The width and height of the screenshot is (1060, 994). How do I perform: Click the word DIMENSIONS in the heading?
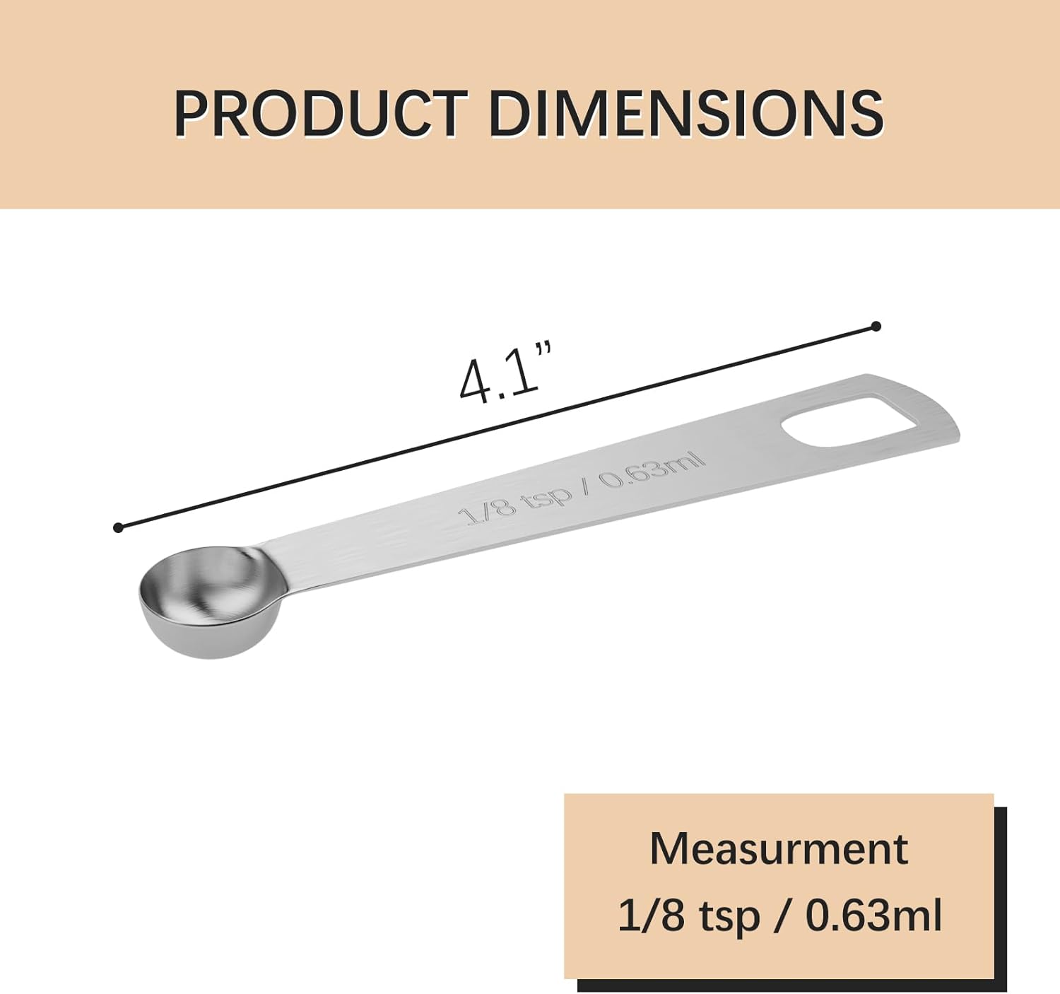click(685, 113)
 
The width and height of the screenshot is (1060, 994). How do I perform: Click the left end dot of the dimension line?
click(118, 527)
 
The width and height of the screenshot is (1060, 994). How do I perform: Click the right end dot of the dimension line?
click(876, 326)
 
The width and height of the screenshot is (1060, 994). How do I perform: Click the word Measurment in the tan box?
click(778, 848)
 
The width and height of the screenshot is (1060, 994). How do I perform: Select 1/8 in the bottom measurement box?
click(652, 916)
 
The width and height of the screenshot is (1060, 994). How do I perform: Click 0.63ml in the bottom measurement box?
click(873, 916)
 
